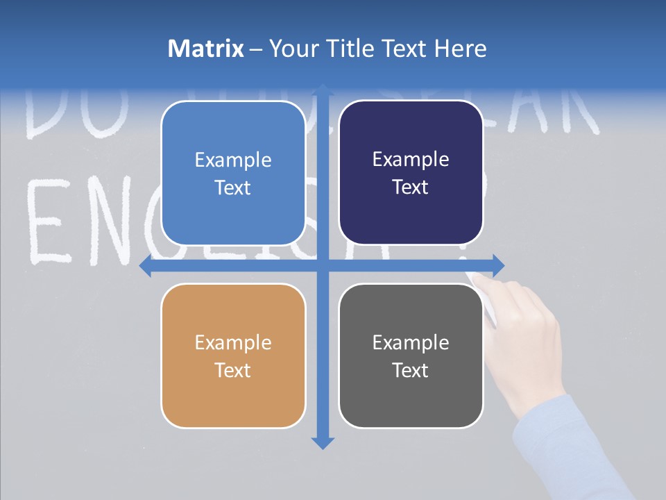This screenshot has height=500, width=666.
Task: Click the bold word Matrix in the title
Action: [206, 49]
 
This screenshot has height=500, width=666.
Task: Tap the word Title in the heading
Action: [345, 49]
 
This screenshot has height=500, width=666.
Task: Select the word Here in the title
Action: [460, 49]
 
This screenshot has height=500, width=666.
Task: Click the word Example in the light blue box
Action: [233, 160]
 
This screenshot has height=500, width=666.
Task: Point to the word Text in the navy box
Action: [411, 187]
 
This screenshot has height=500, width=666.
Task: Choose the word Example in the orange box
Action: [233, 343]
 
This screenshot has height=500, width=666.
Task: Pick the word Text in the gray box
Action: [411, 370]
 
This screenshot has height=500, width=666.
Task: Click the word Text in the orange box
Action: [233, 370]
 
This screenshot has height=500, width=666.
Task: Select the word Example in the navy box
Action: [411, 160]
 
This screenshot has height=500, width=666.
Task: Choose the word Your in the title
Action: [291, 49]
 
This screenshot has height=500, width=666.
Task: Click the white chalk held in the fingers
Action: [475, 278]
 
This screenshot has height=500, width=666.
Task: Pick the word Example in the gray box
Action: [411, 343]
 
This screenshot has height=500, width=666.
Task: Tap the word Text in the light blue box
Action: [233, 187]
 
